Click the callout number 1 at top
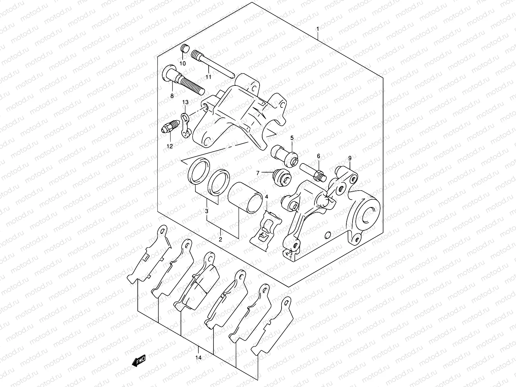[318, 29]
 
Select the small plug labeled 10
[184, 49]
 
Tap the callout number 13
[185, 102]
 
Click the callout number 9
[350, 158]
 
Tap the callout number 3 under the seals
[207, 211]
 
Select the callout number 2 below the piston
[220, 240]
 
